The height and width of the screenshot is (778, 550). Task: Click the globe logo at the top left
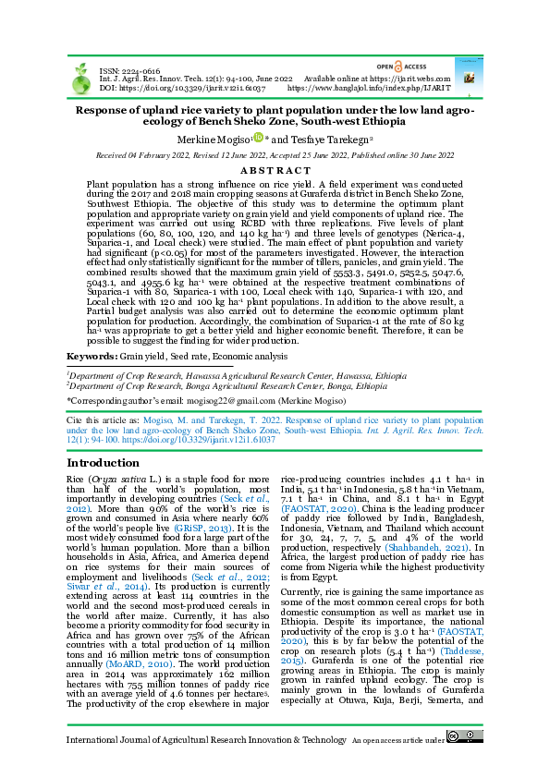pyautogui.click(x=81, y=79)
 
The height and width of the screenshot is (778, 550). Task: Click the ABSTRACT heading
pyautogui.click(x=275, y=170)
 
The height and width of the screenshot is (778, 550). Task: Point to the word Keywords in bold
pyautogui.click(x=90, y=356)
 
